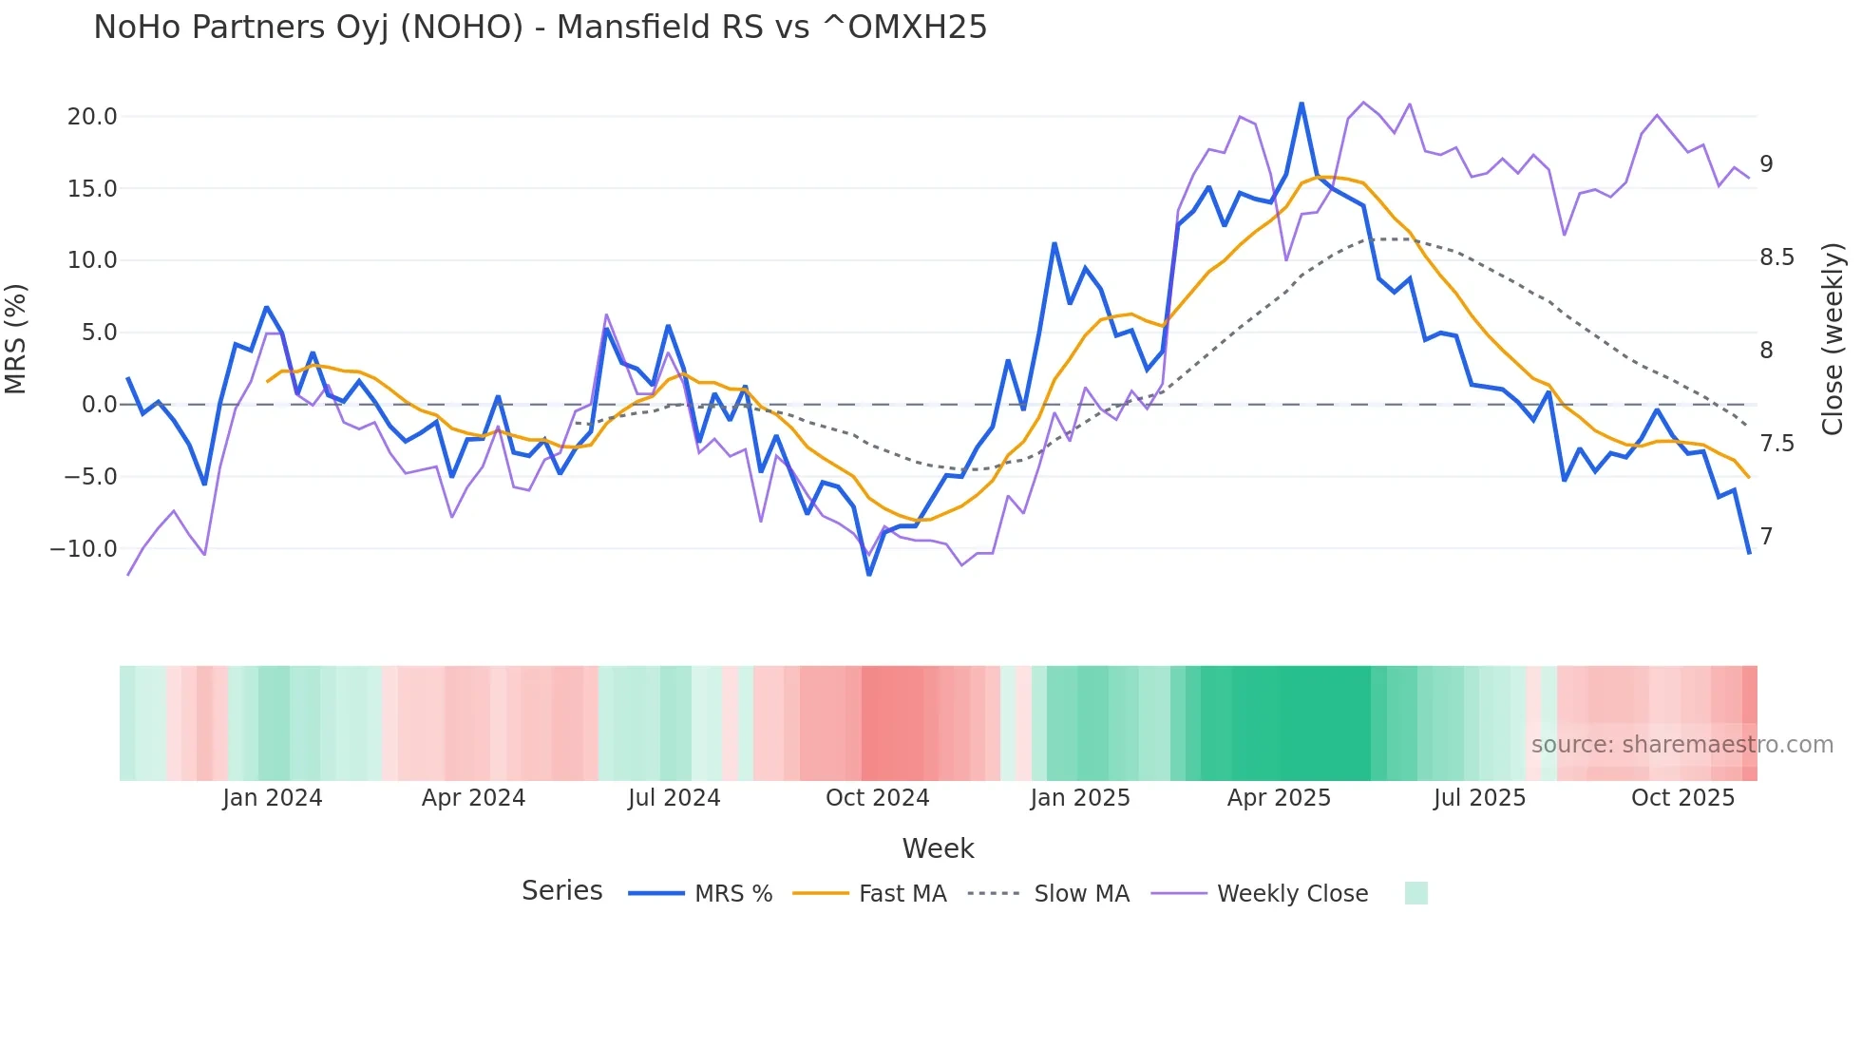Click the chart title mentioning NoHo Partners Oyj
coord(540,28)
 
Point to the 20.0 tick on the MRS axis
coord(92,117)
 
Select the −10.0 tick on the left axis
coord(84,549)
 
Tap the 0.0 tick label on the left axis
coord(99,405)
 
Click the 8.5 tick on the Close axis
coord(1776,257)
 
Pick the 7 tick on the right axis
coord(1766,537)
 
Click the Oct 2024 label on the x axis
coord(877,798)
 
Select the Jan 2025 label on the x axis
coord(1079,798)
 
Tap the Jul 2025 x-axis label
coord(1479,798)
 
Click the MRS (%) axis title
coord(16,339)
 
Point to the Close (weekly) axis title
coord(1833,339)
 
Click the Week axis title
coord(938,848)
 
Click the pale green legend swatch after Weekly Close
coord(1415,894)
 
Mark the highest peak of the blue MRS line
coord(1301,104)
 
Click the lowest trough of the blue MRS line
coord(868,574)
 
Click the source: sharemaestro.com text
coord(1681,745)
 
